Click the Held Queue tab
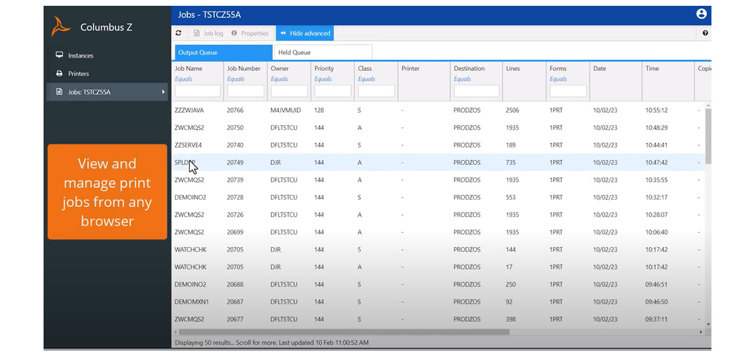pyautogui.click(x=322, y=52)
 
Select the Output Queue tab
pyautogui.click(x=223, y=52)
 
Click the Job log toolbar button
pyautogui.click(x=208, y=33)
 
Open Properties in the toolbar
pyautogui.click(x=250, y=33)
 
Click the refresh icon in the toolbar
pyautogui.click(x=179, y=33)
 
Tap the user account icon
pyautogui.click(x=701, y=14)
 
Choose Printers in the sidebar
pyautogui.click(x=78, y=74)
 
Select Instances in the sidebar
pyautogui.click(x=80, y=56)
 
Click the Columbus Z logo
pyautogui.click(x=62, y=27)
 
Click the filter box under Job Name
pyautogui.click(x=197, y=91)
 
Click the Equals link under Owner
pyautogui.click(x=279, y=79)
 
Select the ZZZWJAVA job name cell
pyautogui.click(x=189, y=110)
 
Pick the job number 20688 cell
pyautogui.click(x=235, y=285)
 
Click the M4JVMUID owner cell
pyautogui.click(x=286, y=110)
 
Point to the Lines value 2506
pyautogui.click(x=512, y=110)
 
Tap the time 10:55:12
pyautogui.click(x=656, y=110)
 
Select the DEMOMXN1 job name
pyautogui.click(x=192, y=302)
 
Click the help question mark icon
pyautogui.click(x=705, y=33)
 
